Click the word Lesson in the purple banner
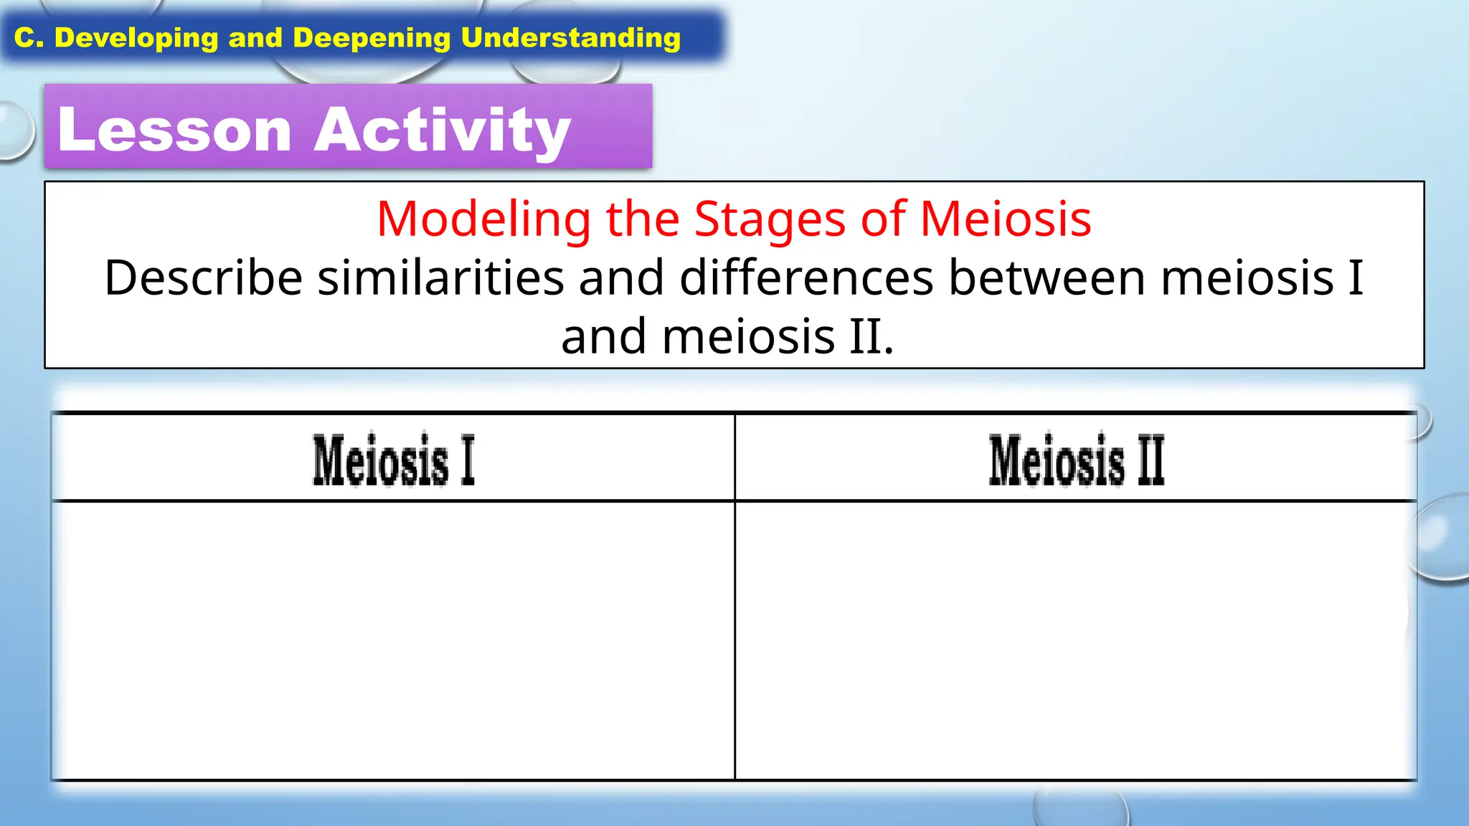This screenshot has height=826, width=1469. tap(174, 130)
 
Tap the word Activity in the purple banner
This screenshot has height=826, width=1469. tap(442, 130)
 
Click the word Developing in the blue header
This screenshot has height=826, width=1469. tap(136, 38)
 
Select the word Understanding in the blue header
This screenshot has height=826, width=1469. tap(570, 38)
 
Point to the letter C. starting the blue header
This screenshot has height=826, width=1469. tap(29, 38)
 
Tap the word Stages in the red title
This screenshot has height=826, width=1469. tap(770, 219)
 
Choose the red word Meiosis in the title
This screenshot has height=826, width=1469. tap(1006, 219)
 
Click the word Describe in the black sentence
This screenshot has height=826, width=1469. tap(203, 278)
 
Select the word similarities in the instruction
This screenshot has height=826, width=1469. tap(440, 278)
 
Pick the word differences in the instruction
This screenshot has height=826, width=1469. tap(806, 278)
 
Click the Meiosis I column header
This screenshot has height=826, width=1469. tap(393, 460)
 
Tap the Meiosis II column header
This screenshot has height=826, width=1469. tap(1076, 460)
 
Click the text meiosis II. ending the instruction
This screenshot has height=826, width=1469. tap(778, 337)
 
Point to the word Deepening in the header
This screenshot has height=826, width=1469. tap(372, 38)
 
